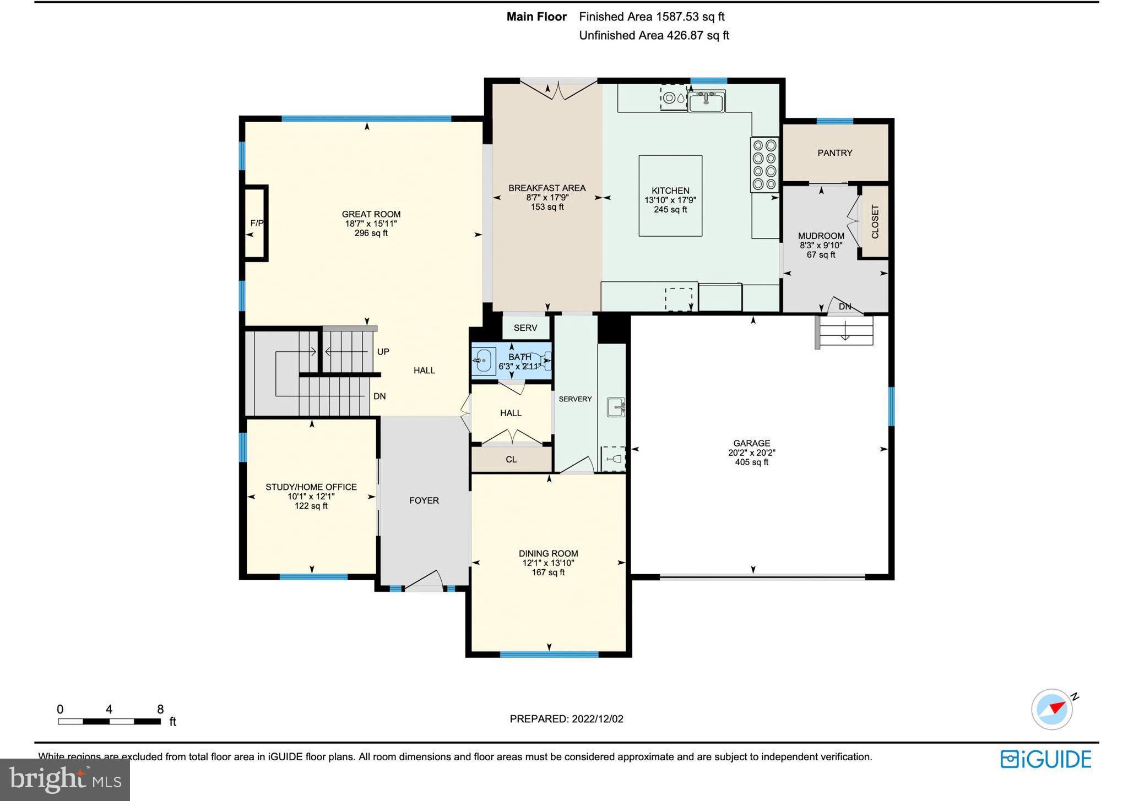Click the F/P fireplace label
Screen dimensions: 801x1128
point(257,223)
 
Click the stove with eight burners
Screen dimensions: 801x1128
point(764,165)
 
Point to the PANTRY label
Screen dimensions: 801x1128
point(834,153)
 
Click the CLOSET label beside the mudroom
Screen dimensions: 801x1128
point(875,221)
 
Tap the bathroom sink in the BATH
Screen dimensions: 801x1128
point(484,361)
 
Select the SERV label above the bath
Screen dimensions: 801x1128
point(525,328)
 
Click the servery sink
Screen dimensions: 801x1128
point(615,407)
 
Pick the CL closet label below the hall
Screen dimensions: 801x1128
point(511,459)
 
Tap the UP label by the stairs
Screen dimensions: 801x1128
point(383,351)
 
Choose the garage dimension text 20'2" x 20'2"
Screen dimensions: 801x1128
point(751,453)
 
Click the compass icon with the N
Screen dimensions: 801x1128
point(1052,709)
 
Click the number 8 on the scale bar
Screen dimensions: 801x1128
point(160,709)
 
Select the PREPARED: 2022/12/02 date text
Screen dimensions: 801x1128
point(566,718)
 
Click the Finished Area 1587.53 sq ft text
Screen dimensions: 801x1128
point(652,17)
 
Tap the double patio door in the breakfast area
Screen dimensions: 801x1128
point(558,89)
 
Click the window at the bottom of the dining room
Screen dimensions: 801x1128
point(549,655)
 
